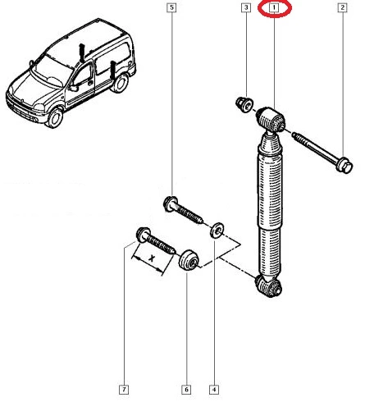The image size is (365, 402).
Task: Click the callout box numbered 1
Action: [x=274, y=7]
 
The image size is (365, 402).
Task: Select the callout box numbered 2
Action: [x=342, y=7]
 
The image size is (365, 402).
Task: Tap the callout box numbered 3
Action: [x=246, y=7]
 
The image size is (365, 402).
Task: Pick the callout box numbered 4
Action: [x=214, y=390]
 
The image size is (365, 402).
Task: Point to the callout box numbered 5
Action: [x=171, y=7]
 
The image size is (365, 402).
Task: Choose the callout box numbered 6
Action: [x=186, y=390]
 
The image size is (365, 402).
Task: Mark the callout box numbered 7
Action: [x=124, y=390]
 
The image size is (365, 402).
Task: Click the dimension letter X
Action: [x=152, y=258]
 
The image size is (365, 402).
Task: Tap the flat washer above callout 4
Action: [x=217, y=231]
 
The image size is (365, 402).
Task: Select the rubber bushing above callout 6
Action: [x=189, y=260]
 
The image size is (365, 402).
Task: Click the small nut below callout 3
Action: [x=244, y=104]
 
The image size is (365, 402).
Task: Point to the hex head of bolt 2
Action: [x=344, y=166]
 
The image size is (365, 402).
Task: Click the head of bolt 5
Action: [x=170, y=204]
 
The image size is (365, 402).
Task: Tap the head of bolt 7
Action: [x=143, y=235]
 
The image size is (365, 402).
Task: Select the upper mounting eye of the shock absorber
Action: [x=271, y=120]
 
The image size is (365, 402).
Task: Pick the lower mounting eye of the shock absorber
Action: [x=268, y=286]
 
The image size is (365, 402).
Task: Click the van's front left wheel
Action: [x=55, y=118]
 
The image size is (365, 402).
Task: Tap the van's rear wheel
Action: [x=120, y=83]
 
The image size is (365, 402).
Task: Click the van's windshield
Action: [x=51, y=71]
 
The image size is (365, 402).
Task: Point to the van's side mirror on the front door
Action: [x=74, y=88]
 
